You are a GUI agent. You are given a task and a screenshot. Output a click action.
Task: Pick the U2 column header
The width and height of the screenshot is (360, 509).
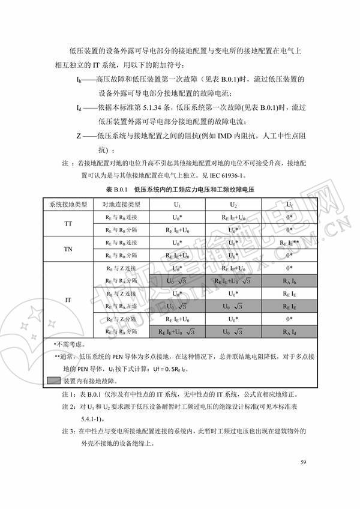[x=233, y=204]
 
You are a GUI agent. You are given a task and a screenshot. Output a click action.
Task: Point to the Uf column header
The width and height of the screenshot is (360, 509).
[x=289, y=204]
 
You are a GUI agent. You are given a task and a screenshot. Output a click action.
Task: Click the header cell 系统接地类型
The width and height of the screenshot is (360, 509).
[x=68, y=204]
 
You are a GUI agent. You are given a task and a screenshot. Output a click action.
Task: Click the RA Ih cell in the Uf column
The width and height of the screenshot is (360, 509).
[x=289, y=280]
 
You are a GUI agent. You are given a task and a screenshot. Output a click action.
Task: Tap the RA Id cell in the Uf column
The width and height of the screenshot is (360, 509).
[x=289, y=331]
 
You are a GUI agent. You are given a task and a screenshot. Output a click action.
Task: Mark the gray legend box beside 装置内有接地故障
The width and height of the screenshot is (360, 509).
[x=53, y=381]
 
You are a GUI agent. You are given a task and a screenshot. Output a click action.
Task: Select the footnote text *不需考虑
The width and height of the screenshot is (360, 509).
[x=61, y=345]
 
